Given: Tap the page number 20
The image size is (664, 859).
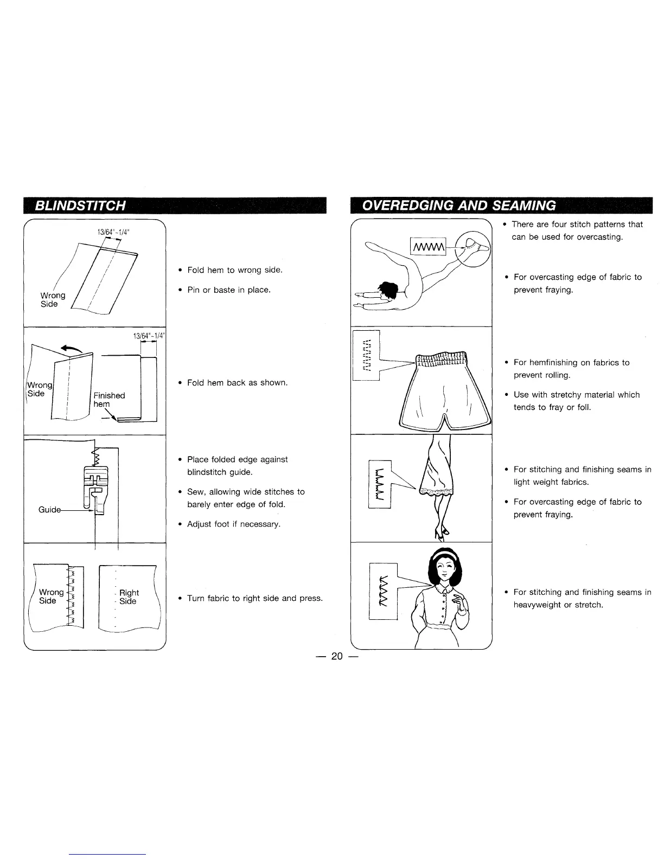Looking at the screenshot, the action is tap(337, 656).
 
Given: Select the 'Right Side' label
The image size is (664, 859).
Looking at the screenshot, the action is tap(129, 597).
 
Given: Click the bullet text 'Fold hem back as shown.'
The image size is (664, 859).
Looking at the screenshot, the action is tap(237, 383).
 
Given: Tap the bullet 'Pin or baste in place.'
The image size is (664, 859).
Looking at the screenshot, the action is tap(228, 290).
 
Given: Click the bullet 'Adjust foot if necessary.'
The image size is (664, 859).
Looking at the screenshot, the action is tap(233, 524).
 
